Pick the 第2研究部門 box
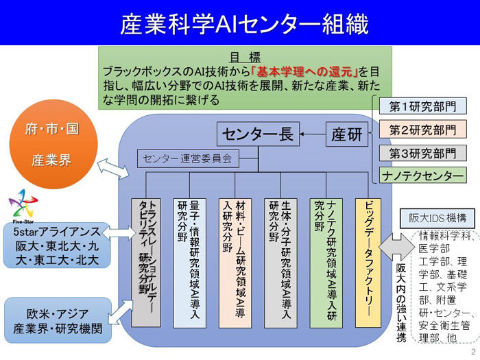(422, 130)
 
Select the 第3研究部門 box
(422, 153)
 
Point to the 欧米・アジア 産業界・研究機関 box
(57, 320)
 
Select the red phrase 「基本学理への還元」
(304, 71)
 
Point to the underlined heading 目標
(244, 57)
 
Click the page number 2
(472, 351)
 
